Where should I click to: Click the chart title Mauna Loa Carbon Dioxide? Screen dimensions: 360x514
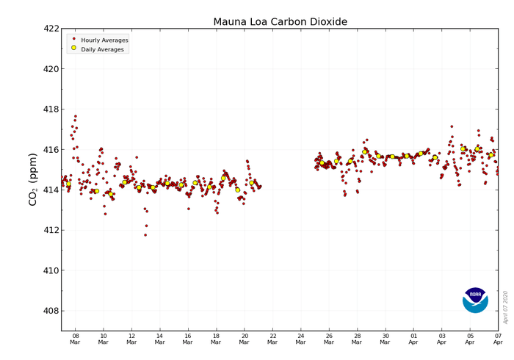[280, 21]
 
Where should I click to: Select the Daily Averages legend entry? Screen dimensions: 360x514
[98, 48]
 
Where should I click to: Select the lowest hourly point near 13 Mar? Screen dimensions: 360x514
[145, 235]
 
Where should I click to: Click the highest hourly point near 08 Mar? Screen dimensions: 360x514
[75, 115]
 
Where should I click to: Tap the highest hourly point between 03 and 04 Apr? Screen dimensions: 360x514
[452, 126]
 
